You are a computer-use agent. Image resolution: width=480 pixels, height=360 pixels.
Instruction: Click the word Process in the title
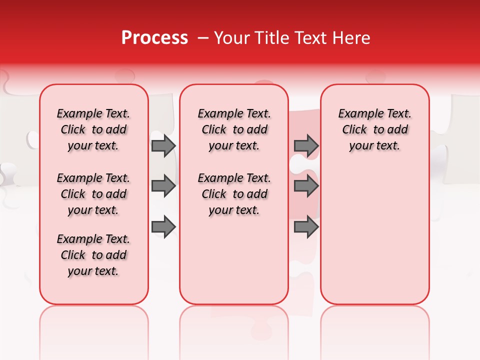[154, 38]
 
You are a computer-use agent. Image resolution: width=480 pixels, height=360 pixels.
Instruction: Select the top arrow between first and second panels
[163, 145]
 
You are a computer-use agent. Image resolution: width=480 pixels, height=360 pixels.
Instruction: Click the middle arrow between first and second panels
[163, 186]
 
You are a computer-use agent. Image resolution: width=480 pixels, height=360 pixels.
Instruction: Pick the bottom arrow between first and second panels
[163, 227]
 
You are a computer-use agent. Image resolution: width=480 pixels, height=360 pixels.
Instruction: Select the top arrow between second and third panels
[306, 145]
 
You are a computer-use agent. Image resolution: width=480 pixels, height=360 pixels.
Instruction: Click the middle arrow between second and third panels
[306, 186]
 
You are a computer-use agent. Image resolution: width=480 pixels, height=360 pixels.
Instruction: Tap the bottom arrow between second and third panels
[306, 227]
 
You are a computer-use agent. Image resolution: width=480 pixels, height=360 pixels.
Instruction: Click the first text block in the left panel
[93, 129]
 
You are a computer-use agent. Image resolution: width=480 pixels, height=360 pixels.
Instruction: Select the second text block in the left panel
[93, 194]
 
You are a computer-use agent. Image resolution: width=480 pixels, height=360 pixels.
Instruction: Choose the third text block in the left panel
[93, 255]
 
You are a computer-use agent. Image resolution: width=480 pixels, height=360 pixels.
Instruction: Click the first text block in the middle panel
[234, 129]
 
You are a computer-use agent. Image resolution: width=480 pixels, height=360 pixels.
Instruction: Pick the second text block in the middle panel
[234, 194]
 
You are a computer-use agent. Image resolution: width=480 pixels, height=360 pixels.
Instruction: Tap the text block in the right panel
[374, 129]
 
